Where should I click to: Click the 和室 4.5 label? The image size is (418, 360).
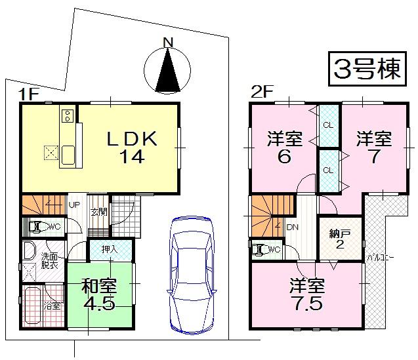coord(99,294)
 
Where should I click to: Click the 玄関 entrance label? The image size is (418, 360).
coord(98,211)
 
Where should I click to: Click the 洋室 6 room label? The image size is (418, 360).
coord(285,147)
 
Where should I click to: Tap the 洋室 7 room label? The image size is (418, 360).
coord(374,147)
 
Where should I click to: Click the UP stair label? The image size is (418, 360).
coord(75,204)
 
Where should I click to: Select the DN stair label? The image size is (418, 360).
coord(293,228)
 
